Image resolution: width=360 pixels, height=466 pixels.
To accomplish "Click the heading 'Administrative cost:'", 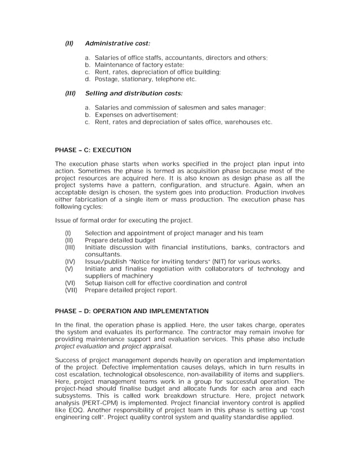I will pyautogui.click(x=117, y=43).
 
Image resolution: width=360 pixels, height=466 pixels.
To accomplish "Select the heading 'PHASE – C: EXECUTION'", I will pyautogui.click(x=93, y=150).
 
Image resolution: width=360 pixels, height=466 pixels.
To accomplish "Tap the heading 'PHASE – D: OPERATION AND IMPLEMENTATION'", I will pyautogui.click(x=131, y=310).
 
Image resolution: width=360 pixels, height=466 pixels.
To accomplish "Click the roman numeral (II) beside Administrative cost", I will pyautogui.click(x=69, y=43).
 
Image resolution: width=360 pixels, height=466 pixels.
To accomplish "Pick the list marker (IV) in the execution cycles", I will pyautogui.click(x=71, y=262).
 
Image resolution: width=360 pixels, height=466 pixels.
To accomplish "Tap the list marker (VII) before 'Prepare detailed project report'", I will pyautogui.click(x=72, y=291).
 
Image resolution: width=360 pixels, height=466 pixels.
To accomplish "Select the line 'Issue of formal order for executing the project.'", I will pyautogui.click(x=124, y=219).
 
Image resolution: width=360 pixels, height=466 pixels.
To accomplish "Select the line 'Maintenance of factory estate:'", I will pyautogui.click(x=139, y=65).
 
